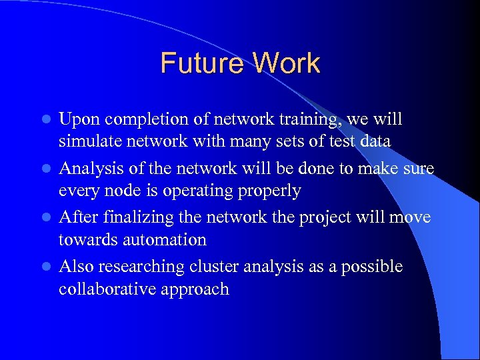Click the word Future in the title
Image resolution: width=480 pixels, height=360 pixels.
pyautogui.click(x=201, y=64)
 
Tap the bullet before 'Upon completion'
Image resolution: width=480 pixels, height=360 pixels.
pyautogui.click(x=46, y=120)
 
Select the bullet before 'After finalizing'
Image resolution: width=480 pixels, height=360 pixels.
pyautogui.click(x=46, y=218)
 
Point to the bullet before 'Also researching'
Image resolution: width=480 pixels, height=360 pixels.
pyautogui.click(x=46, y=267)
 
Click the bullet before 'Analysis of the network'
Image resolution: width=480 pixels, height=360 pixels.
pyautogui.click(x=46, y=169)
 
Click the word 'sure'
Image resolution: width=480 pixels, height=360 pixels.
pyautogui.click(x=418, y=169)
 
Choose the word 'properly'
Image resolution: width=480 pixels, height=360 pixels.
pyautogui.click(x=269, y=192)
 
